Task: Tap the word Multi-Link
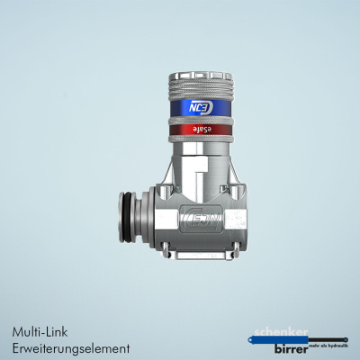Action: point(39,330)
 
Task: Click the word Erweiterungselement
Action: point(72,347)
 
